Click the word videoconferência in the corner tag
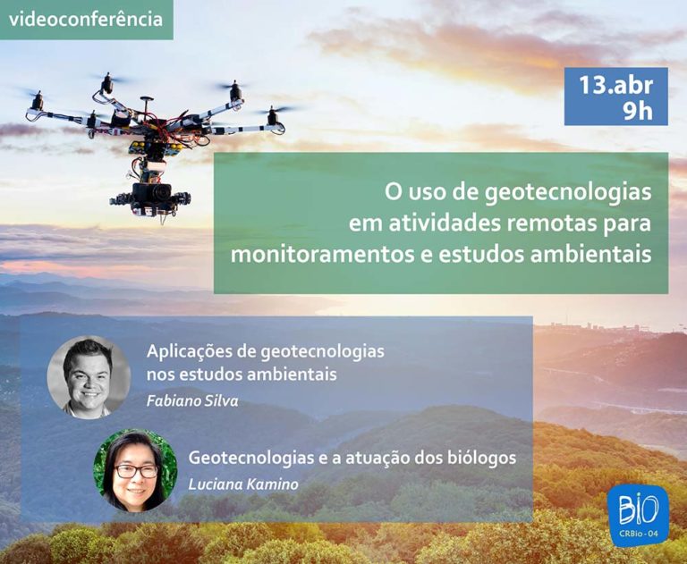pyautogui.click(x=86, y=20)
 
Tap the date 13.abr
pyautogui.click(x=616, y=85)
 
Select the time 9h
pyautogui.click(x=638, y=111)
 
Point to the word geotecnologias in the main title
pyautogui.click(x=568, y=193)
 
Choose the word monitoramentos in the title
pyautogui.click(x=322, y=255)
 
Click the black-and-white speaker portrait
pyautogui.click(x=89, y=377)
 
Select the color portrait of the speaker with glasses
pyautogui.click(x=135, y=470)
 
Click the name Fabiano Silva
pyautogui.click(x=192, y=401)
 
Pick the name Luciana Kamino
pyautogui.click(x=243, y=484)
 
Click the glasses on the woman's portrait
pyautogui.click(x=136, y=471)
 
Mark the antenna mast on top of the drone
pyautogui.click(x=147, y=105)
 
